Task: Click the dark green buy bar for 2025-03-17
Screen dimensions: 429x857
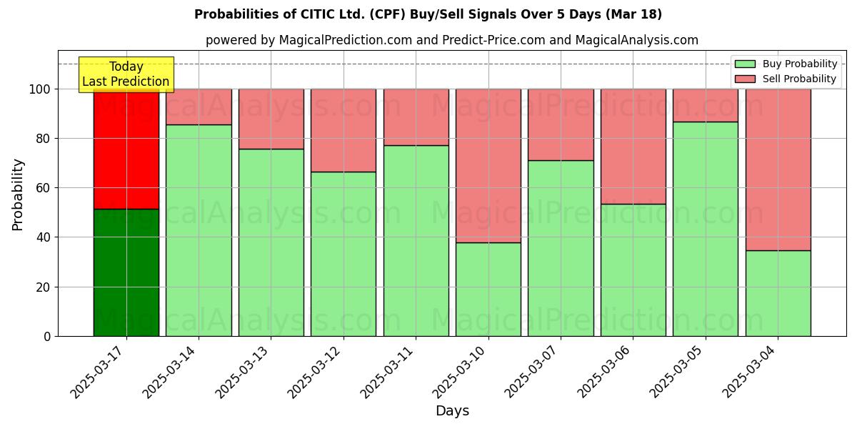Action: tap(126, 272)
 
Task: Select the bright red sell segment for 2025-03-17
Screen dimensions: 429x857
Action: tap(126, 149)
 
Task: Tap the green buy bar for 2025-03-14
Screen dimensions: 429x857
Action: tap(199, 230)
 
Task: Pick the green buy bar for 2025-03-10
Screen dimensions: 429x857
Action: tap(488, 289)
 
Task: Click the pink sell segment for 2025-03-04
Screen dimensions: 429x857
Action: tap(778, 169)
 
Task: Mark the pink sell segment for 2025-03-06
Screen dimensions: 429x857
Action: tap(633, 147)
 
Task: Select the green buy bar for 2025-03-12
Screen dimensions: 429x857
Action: tap(344, 254)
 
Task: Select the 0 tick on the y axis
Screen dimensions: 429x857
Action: tap(47, 336)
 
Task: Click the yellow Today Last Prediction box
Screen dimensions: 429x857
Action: tap(126, 74)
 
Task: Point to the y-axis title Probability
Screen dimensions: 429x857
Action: tap(18, 194)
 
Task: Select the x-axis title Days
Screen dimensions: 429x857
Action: tap(452, 411)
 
